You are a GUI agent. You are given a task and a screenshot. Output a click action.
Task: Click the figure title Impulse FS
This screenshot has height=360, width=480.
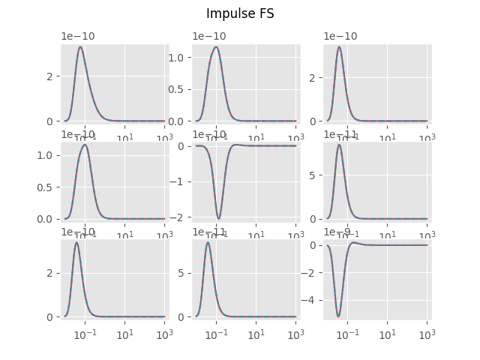[x=240, y=13]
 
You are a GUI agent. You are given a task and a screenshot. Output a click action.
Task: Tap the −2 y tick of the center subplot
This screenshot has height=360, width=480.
[x=182, y=217]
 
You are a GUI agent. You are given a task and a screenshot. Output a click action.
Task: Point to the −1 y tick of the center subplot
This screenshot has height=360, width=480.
[x=182, y=181]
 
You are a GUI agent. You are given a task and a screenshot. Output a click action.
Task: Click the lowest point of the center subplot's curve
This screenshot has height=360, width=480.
[x=218, y=219]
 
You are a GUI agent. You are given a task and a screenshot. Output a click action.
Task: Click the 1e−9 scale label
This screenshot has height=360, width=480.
[x=337, y=232]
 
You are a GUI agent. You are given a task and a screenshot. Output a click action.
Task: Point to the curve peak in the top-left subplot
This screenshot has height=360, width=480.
[x=80, y=47]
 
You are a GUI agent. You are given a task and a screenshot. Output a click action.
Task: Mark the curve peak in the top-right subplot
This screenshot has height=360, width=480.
[x=339, y=47]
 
